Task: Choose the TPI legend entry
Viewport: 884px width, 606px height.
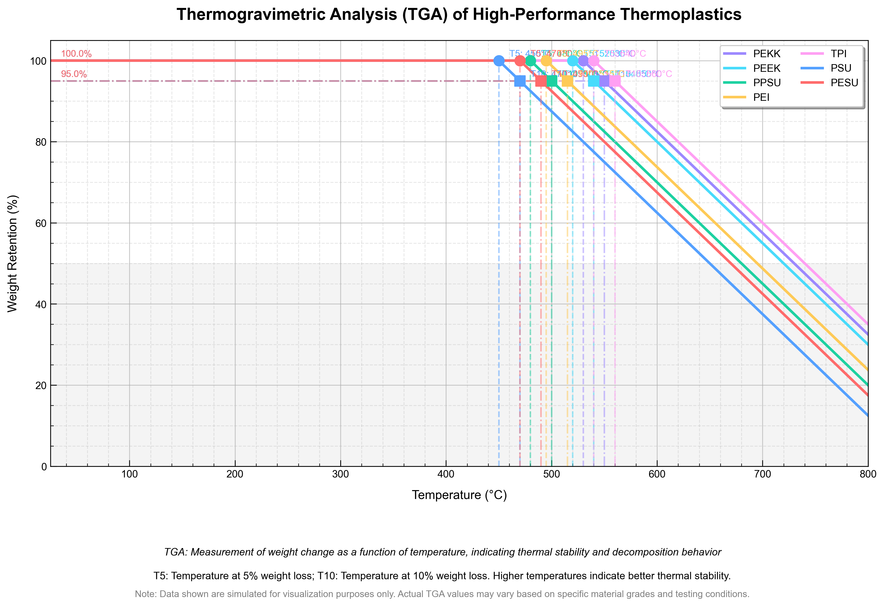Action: [838, 54]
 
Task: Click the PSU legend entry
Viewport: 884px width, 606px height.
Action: [841, 69]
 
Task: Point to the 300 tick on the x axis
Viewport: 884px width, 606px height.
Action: [341, 474]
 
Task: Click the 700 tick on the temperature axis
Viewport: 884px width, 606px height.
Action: [762, 474]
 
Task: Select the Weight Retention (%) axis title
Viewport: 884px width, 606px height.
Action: [13, 254]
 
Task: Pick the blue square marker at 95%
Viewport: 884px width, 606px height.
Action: [520, 81]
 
